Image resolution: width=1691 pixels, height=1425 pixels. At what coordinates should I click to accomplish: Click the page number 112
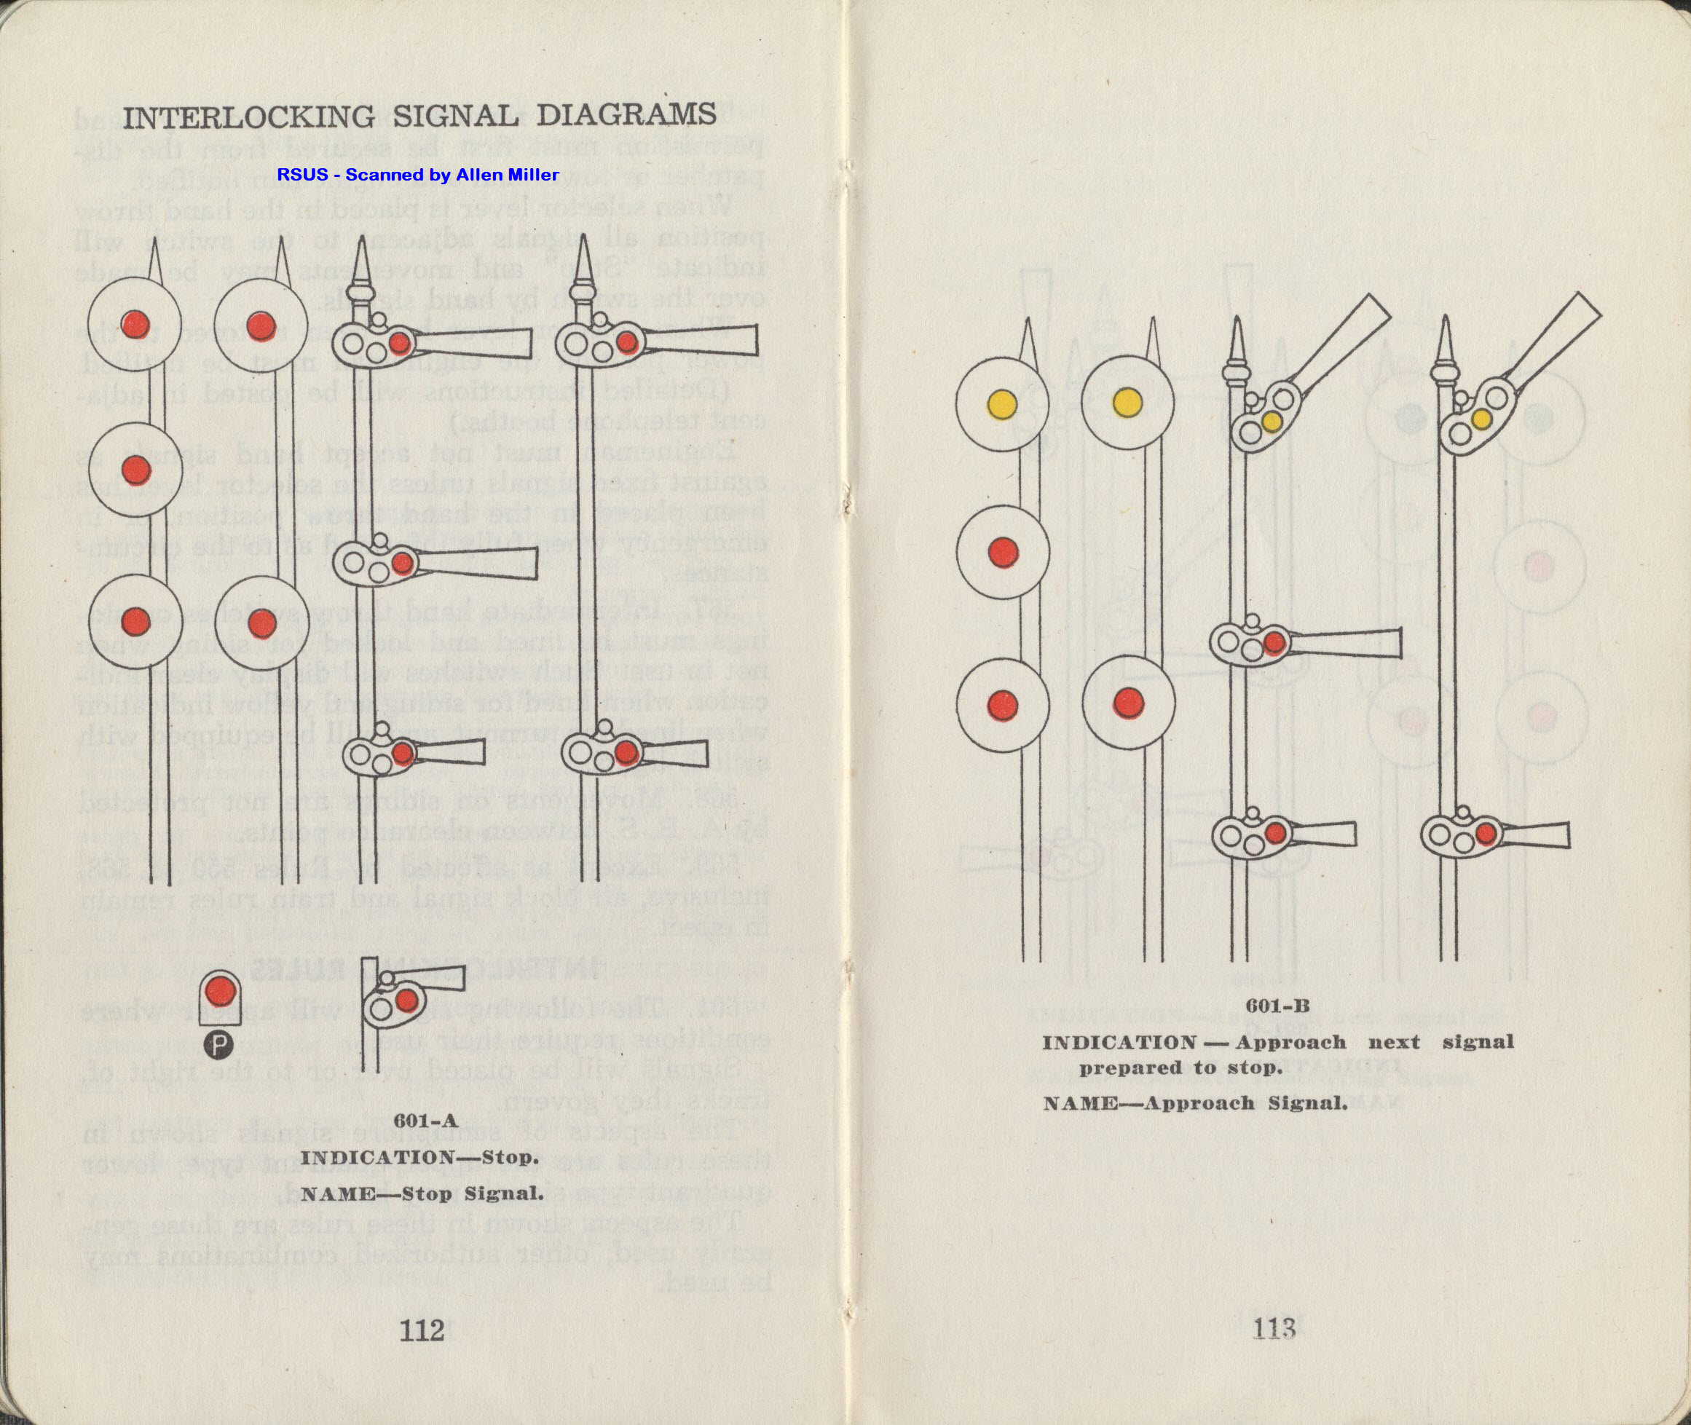pos(422,1329)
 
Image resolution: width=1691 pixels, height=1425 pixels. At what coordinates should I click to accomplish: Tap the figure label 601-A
pos(426,1121)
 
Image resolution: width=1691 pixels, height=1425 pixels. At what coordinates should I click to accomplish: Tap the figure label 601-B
pos(1277,1006)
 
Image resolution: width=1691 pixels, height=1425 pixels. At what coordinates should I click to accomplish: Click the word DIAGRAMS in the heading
pos(626,115)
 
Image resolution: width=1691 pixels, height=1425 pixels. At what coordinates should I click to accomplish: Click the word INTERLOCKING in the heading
pos(249,117)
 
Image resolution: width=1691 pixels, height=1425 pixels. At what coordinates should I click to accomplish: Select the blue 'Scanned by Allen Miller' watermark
pos(418,175)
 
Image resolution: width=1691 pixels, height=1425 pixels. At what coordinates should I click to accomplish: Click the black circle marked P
pos(217,1046)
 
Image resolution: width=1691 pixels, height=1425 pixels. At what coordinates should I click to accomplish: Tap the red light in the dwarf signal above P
pos(218,990)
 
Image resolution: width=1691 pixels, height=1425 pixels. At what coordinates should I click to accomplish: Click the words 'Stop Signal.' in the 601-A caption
pos(472,1193)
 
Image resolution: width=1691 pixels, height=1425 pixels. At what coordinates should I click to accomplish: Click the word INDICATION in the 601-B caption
pos(1119,1042)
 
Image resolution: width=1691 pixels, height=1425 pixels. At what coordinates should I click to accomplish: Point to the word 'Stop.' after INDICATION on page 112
pos(510,1157)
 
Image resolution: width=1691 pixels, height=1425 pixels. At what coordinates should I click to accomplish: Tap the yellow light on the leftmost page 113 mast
pos(1002,402)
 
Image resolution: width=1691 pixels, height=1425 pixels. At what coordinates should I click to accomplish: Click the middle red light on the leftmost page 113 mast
pos(1003,553)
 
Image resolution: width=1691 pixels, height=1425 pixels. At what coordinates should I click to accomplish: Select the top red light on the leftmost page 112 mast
pos(135,324)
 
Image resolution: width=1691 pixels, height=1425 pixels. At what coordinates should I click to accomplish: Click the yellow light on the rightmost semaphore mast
pos(1481,419)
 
